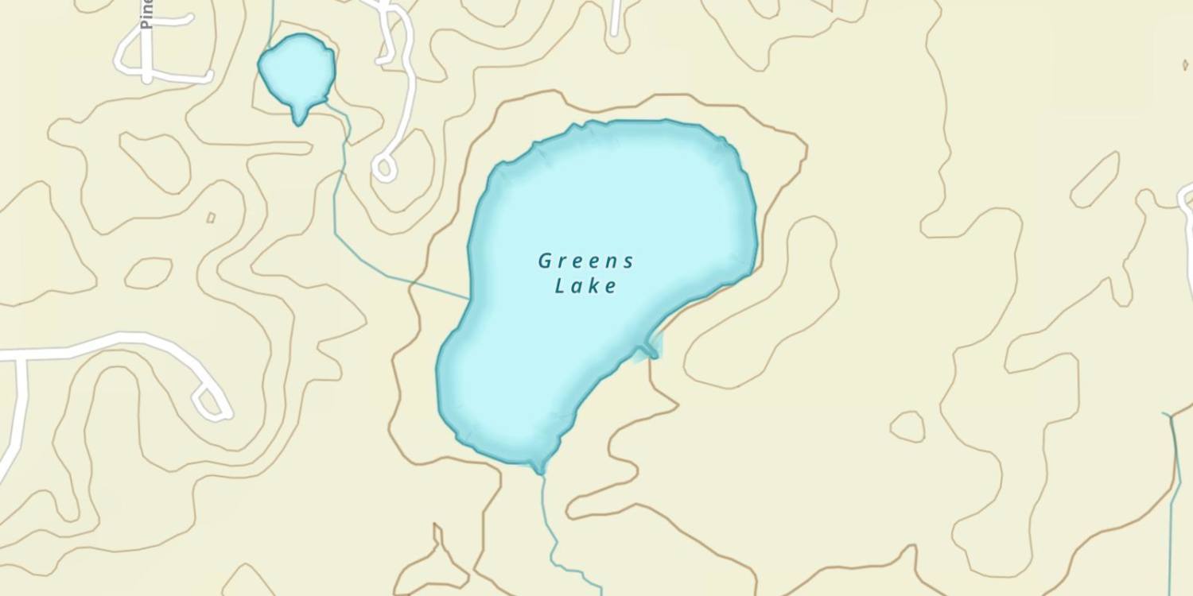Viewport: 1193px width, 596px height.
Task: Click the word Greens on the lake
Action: (x=585, y=261)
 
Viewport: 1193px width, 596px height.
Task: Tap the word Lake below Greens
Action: (x=585, y=286)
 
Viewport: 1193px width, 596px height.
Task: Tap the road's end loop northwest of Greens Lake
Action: (x=384, y=168)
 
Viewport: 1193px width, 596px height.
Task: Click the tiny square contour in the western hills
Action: (x=211, y=217)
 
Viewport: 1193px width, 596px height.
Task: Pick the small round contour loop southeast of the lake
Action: (x=907, y=427)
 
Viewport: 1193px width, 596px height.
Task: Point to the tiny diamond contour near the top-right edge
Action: (x=1185, y=64)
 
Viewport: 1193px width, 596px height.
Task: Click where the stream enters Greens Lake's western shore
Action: (x=468, y=299)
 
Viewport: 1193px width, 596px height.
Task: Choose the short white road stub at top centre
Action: (x=616, y=20)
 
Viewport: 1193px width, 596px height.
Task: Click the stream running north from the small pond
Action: (x=271, y=20)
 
